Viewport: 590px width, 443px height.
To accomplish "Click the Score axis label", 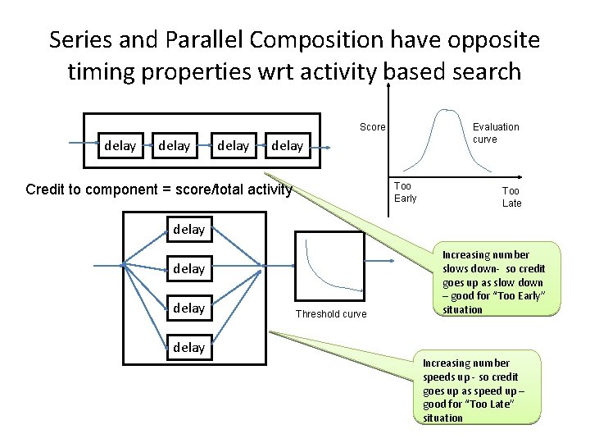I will coord(372,127).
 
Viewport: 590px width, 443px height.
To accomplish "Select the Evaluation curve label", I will coord(496,133).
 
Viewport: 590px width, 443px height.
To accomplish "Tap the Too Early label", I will coord(405,192).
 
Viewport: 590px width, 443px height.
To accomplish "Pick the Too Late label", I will coord(511,197).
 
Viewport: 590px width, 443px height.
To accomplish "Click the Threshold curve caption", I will coord(331,314).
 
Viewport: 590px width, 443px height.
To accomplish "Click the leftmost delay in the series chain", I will coord(120,145).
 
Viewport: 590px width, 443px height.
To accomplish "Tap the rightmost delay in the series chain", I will coord(287,146).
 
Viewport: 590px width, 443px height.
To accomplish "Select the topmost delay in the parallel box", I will coord(189,230).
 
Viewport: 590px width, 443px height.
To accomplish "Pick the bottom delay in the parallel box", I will coord(189,347).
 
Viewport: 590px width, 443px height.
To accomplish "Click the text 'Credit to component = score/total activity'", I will coord(159,190).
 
